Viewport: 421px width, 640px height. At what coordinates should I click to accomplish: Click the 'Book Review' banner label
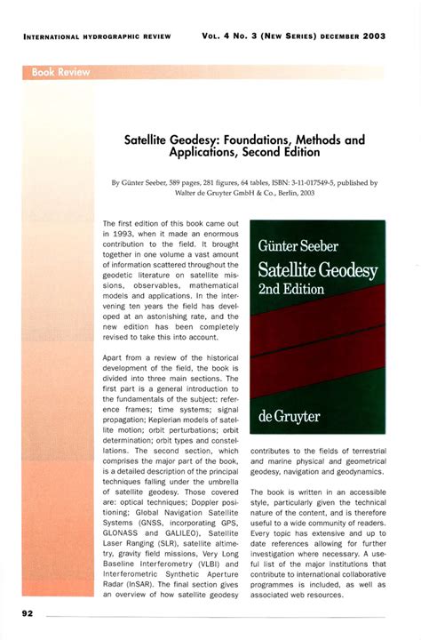pyautogui.click(x=61, y=72)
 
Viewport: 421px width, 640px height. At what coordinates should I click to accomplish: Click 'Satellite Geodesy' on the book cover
pyautogui.click(x=317, y=269)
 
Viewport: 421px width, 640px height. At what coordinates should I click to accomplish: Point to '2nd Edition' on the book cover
pyautogui.click(x=291, y=290)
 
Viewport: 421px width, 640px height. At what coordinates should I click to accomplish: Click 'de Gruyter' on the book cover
pyautogui.click(x=289, y=415)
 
